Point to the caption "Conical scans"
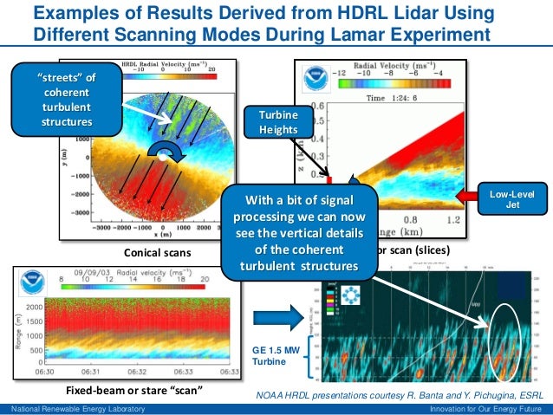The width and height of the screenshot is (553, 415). pos(153,253)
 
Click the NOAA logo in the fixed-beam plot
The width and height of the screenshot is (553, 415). pos(31,285)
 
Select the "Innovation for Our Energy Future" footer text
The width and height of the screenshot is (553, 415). pos(483,409)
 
